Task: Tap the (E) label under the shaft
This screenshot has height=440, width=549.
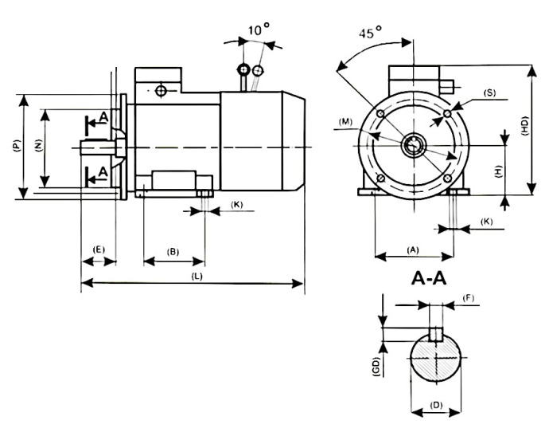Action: pyautogui.click(x=99, y=249)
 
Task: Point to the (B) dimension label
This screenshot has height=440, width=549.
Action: pyautogui.click(x=173, y=252)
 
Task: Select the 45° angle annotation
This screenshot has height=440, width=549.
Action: pyautogui.click(x=368, y=34)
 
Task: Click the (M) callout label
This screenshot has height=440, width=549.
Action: pyautogui.click(x=345, y=122)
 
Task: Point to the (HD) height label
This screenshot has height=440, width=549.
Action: pyautogui.click(x=524, y=129)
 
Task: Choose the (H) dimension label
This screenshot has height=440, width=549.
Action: pyautogui.click(x=496, y=171)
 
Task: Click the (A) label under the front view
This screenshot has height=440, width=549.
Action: pyautogui.click(x=412, y=249)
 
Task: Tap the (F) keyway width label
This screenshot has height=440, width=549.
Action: pyautogui.click(x=469, y=297)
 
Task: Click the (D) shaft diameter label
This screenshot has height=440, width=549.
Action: pyautogui.click(x=436, y=406)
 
